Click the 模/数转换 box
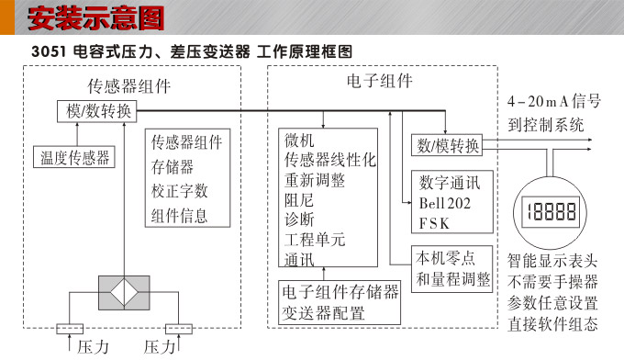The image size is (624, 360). coord(98,111)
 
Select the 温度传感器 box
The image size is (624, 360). coord(72,157)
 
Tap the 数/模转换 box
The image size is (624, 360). coord(448,145)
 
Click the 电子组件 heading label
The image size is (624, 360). coord(379,82)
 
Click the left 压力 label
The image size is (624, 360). coord(93,347)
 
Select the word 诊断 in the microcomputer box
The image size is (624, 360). coord(299,219)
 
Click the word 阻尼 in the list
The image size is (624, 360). coord(299,198)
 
